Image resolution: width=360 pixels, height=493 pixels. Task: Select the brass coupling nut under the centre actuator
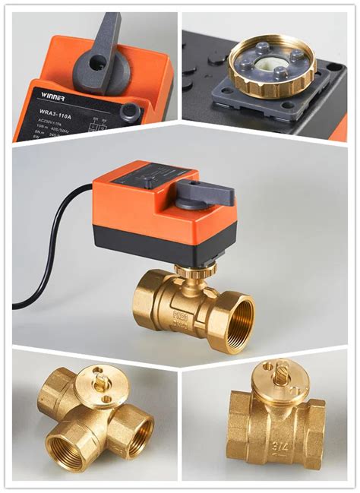point(194,269)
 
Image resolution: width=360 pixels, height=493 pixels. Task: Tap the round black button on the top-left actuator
point(130,115)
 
